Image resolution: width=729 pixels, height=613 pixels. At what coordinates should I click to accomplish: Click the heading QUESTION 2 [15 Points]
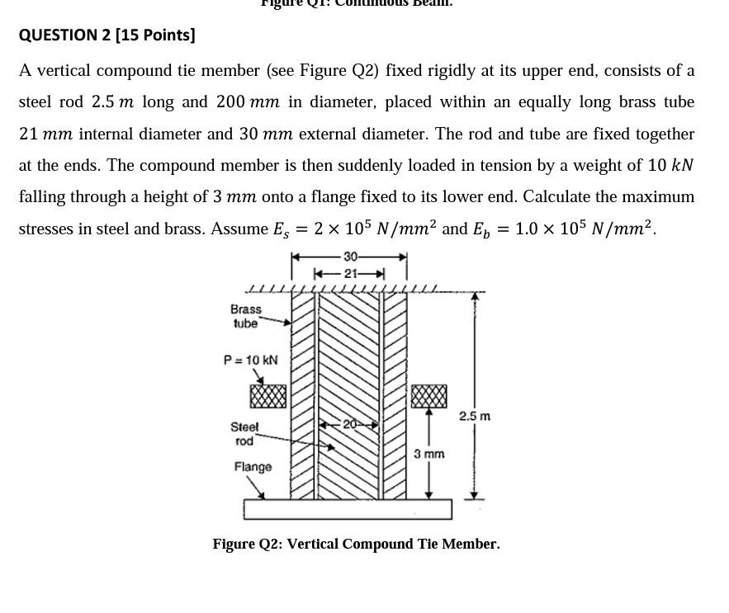107,35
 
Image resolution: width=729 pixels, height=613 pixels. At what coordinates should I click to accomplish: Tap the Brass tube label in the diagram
246,316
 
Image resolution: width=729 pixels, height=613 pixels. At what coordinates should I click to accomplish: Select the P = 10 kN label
251,360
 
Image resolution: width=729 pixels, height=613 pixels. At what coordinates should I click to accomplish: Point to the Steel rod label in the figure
244,434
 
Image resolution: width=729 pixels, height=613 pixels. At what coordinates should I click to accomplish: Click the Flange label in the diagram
253,467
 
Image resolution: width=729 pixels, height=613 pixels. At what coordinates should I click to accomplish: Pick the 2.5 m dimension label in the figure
475,416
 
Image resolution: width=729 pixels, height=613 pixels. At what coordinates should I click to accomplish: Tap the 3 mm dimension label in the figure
429,454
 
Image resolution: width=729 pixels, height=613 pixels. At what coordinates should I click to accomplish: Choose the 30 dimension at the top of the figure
350,257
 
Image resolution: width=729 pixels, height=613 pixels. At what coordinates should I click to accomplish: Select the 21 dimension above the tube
350,273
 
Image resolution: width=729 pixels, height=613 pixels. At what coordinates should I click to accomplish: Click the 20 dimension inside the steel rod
349,424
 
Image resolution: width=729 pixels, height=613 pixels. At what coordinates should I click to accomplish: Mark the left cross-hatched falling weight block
268,397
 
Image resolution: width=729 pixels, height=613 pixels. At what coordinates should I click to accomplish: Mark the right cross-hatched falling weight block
429,396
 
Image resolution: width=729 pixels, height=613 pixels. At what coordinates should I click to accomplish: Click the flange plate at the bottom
348,509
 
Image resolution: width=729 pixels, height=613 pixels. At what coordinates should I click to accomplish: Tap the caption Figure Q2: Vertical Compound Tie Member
356,544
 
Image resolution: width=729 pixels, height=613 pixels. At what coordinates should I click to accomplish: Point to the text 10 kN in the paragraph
670,165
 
